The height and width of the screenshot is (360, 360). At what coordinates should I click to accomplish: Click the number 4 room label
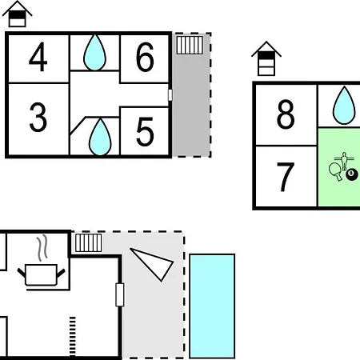tap(38, 57)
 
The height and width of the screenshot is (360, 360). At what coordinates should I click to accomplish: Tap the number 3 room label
tap(38, 118)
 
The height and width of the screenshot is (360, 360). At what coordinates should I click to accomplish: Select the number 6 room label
tap(145, 57)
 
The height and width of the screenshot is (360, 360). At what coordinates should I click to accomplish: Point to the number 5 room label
tap(145, 132)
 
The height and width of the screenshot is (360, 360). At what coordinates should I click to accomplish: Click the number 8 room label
tap(286, 114)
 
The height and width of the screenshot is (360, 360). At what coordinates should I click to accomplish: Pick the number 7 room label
tap(286, 177)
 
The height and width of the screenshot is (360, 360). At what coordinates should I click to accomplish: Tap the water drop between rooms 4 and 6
tap(94, 53)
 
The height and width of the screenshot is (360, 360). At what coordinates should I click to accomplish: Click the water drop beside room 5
tap(100, 137)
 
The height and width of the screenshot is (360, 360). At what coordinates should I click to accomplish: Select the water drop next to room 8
tap(344, 106)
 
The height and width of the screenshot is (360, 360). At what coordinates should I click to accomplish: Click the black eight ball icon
tap(352, 174)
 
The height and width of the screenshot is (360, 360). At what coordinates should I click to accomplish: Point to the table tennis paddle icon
tap(336, 172)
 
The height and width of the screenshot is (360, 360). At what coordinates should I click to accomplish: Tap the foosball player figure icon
tap(344, 161)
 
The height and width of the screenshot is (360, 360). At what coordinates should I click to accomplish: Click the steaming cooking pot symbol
tap(42, 267)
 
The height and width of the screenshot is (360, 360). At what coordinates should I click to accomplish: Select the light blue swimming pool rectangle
tap(212, 306)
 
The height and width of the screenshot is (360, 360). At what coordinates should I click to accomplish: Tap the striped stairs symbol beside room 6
tap(190, 45)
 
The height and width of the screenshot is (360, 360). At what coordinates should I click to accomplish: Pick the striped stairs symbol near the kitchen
tap(89, 242)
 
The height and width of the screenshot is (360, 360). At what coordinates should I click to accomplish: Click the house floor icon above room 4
tap(18, 14)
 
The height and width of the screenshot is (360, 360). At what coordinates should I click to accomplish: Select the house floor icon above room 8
tap(266, 58)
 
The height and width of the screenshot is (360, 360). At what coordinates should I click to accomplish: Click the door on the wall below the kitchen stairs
tap(120, 294)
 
